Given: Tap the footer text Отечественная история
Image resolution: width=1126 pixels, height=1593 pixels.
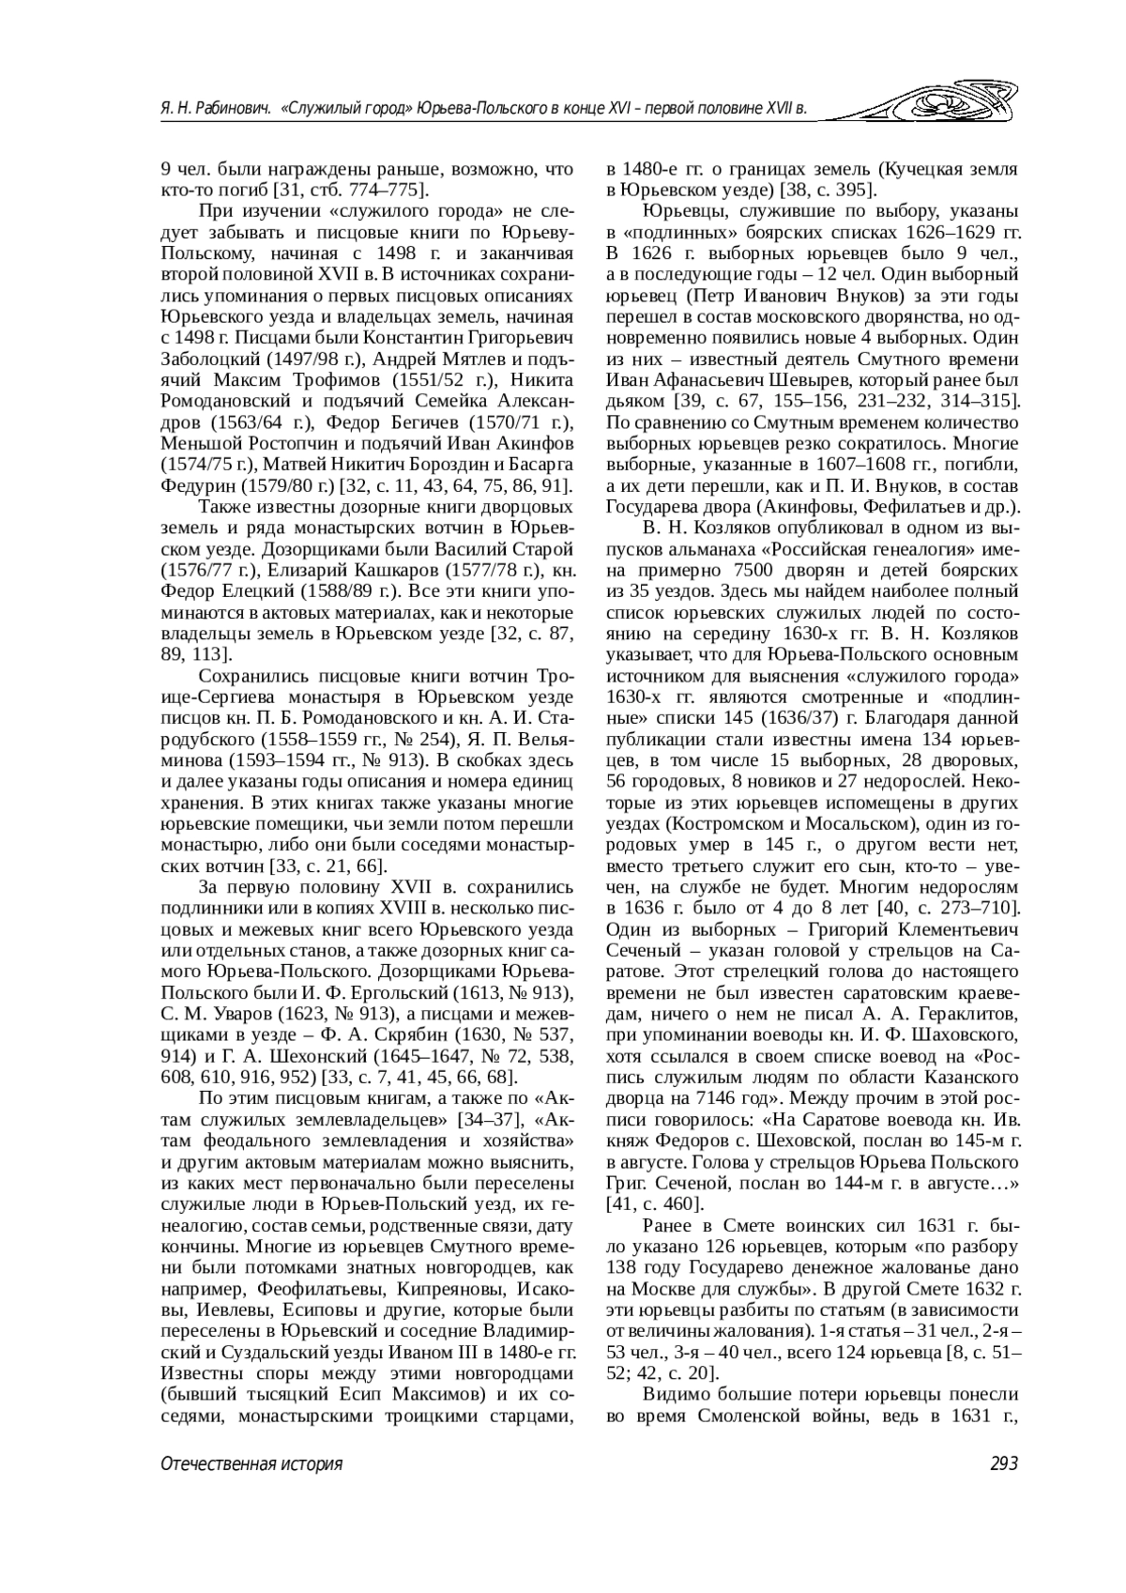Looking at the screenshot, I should [251, 1464].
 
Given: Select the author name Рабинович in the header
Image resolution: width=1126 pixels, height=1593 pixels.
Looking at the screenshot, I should [221, 110].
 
